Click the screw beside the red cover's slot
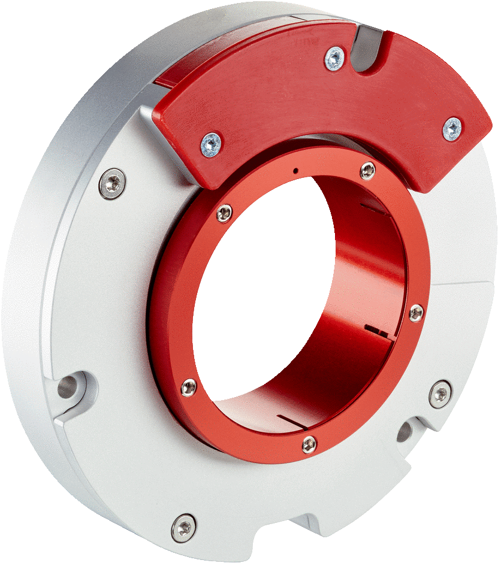pos(334,58)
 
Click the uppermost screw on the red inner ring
pos(367,171)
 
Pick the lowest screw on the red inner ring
pos(309,444)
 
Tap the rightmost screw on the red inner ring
pos(416,313)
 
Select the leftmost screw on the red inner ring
pos(189,387)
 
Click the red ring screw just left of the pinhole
pos(224,213)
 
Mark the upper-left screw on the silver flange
pos(113,183)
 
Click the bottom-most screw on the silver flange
pos(183,526)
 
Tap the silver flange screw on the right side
pos(441,394)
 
